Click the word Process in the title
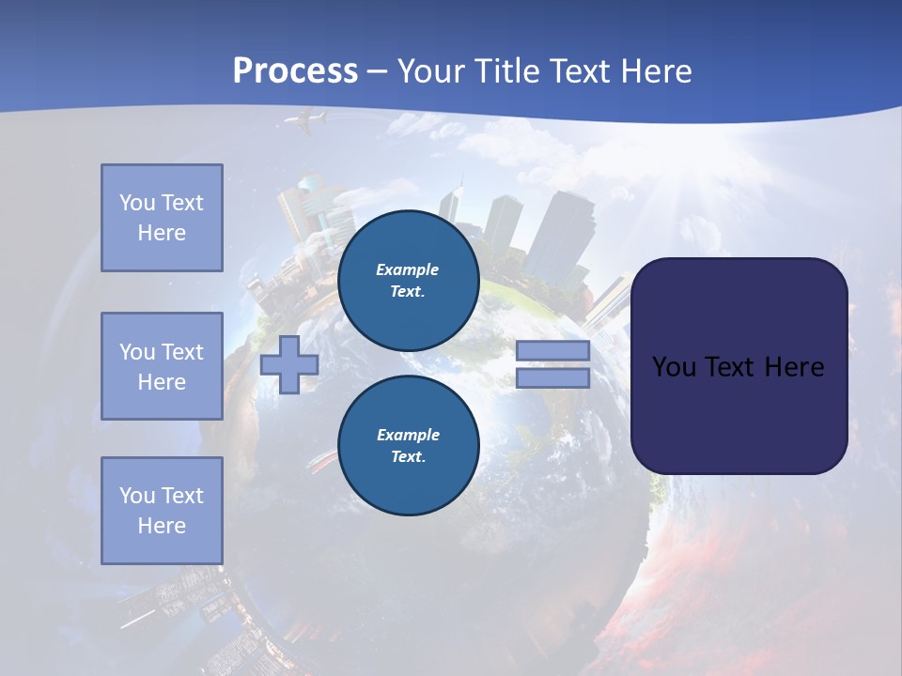pyautogui.click(x=295, y=71)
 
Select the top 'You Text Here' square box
pyautogui.click(x=162, y=218)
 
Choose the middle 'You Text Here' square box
pyautogui.click(x=162, y=366)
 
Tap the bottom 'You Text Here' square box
pyautogui.click(x=162, y=511)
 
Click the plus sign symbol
pyautogui.click(x=289, y=364)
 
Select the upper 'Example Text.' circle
pyautogui.click(x=408, y=280)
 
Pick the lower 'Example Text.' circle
pyautogui.click(x=408, y=445)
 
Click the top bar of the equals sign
pyautogui.click(x=552, y=350)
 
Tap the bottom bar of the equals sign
pyautogui.click(x=552, y=378)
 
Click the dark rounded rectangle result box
pyautogui.click(x=739, y=365)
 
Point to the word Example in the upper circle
pyautogui.click(x=408, y=269)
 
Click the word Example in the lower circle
pyautogui.click(x=408, y=435)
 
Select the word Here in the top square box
pyautogui.click(x=162, y=233)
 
